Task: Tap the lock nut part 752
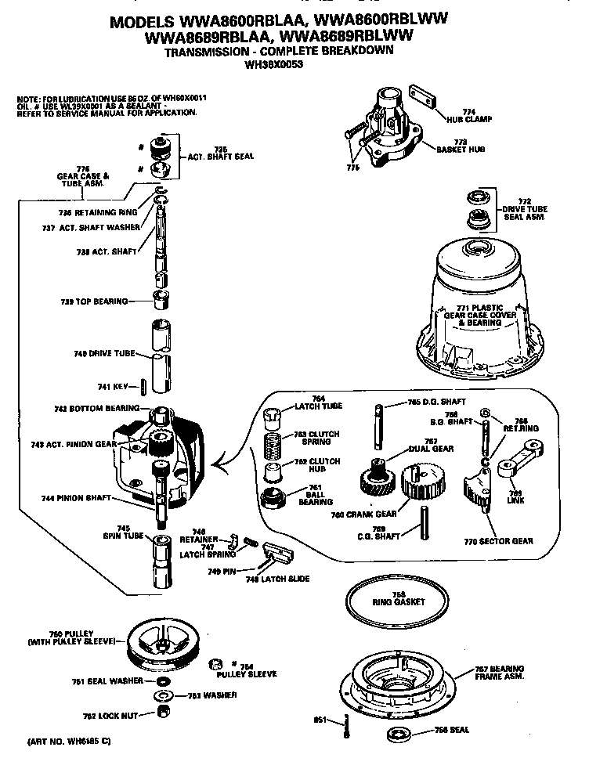pos(165,711)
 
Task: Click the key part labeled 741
pos(145,387)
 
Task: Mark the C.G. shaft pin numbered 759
pos(425,522)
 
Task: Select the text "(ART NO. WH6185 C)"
pos(70,739)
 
